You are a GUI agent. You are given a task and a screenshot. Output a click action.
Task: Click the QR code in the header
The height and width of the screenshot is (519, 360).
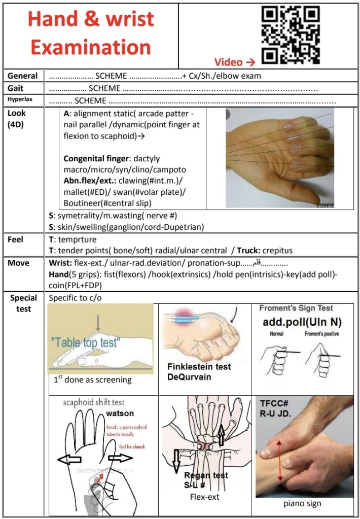[x=291, y=34]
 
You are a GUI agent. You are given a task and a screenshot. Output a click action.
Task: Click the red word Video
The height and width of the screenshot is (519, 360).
[x=228, y=62]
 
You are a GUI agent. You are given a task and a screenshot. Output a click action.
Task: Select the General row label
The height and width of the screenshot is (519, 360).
[x=22, y=76]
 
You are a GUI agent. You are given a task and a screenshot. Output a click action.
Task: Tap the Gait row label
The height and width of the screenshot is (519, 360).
[x=16, y=88]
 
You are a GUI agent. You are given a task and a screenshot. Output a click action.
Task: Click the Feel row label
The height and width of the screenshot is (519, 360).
[x=16, y=239]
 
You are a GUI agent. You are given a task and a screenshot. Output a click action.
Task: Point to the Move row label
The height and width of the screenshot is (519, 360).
[x=18, y=263]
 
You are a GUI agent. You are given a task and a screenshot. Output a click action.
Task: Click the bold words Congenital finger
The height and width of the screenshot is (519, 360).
[x=97, y=158]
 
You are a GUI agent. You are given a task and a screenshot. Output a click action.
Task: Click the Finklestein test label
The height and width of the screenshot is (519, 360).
[x=199, y=367]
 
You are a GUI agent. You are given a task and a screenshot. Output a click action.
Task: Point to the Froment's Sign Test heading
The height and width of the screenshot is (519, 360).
[x=296, y=308]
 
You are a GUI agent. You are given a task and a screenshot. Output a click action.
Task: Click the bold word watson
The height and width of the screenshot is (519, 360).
[x=120, y=413]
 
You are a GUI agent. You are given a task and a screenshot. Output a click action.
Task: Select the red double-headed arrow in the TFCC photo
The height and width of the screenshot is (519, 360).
[x=280, y=460]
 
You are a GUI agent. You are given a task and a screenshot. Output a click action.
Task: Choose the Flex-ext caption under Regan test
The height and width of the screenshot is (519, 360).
[x=205, y=497]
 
